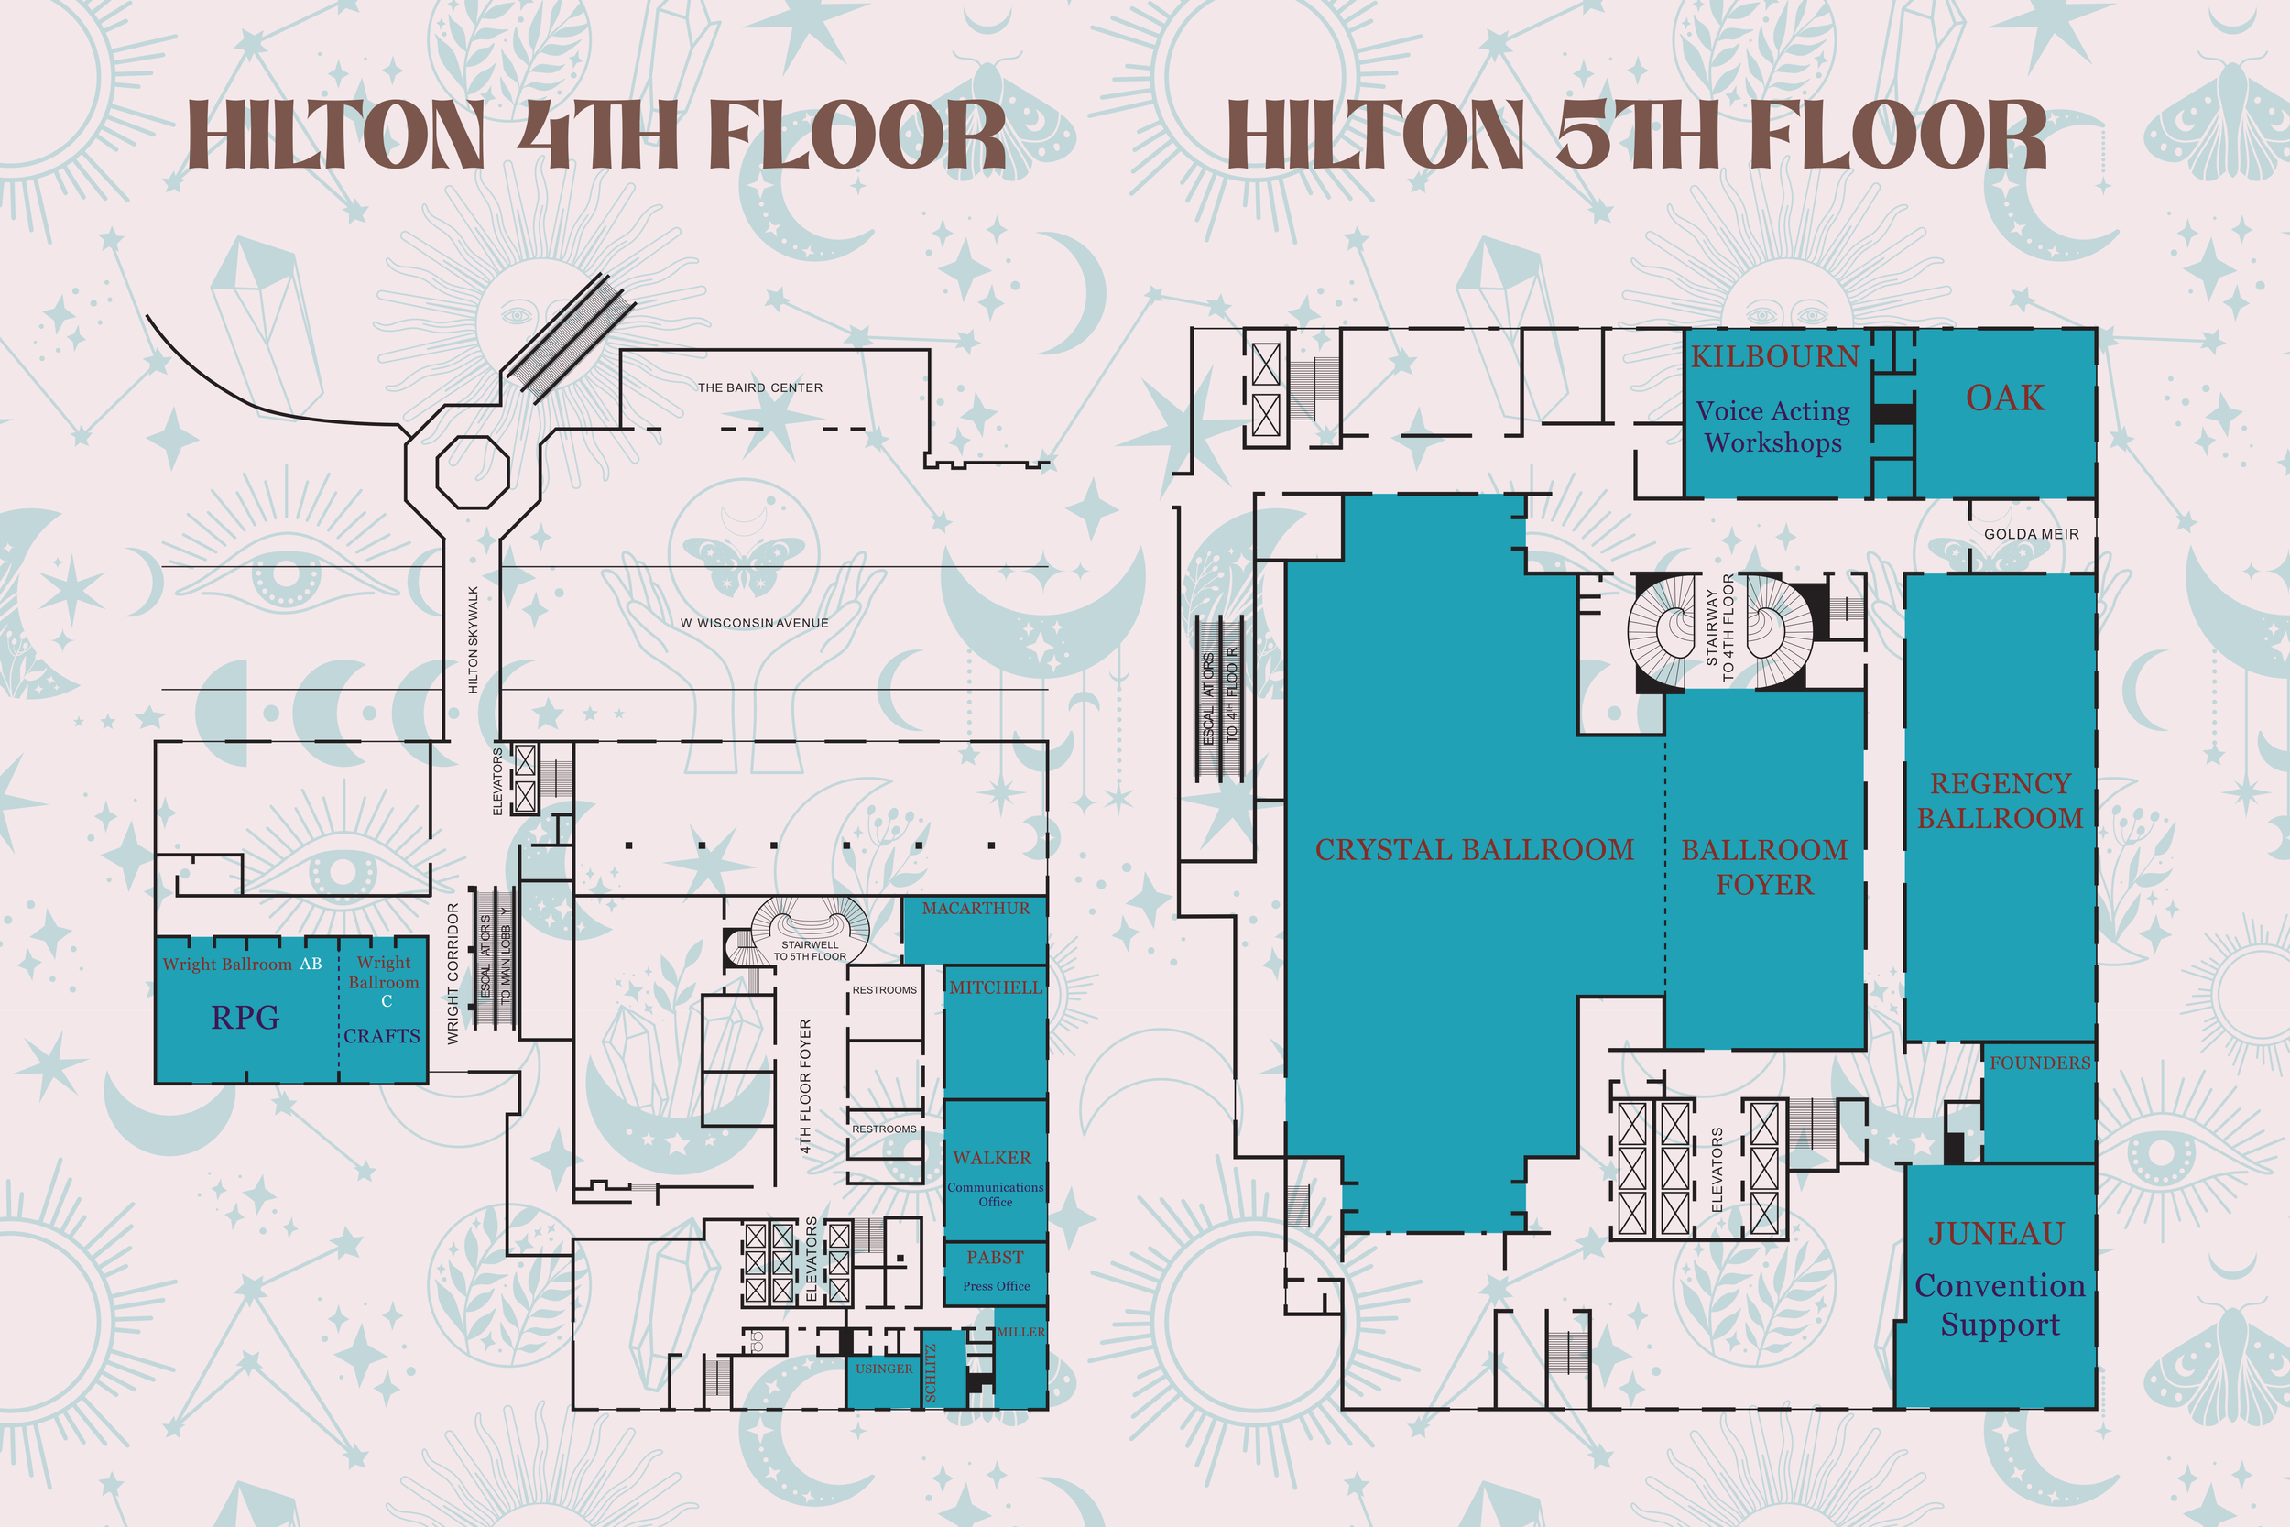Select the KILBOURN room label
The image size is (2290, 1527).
coord(1775,357)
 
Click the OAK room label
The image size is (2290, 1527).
coord(2005,398)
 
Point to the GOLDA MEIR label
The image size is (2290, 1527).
coord(2031,535)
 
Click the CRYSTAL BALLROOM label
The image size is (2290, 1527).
coord(1474,850)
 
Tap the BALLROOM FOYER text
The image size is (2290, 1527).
coord(1764,867)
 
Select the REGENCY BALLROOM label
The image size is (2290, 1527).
coord(2000,801)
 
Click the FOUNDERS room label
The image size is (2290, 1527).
coord(2040,1063)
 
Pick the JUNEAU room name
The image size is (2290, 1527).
coord(1996,1234)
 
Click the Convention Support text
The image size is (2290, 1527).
coord(2000,1305)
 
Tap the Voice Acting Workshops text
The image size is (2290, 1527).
coord(1773,427)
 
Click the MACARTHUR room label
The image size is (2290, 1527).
coord(976,909)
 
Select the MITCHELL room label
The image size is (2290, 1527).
coord(995,987)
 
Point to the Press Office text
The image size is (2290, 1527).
coord(995,1286)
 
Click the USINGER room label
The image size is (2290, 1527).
coord(884,1369)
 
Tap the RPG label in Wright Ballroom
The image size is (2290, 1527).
coord(245,1018)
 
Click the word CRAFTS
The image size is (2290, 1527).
coord(382,1036)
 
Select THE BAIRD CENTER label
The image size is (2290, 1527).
coord(759,387)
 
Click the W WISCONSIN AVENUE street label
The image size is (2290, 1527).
coord(755,623)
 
